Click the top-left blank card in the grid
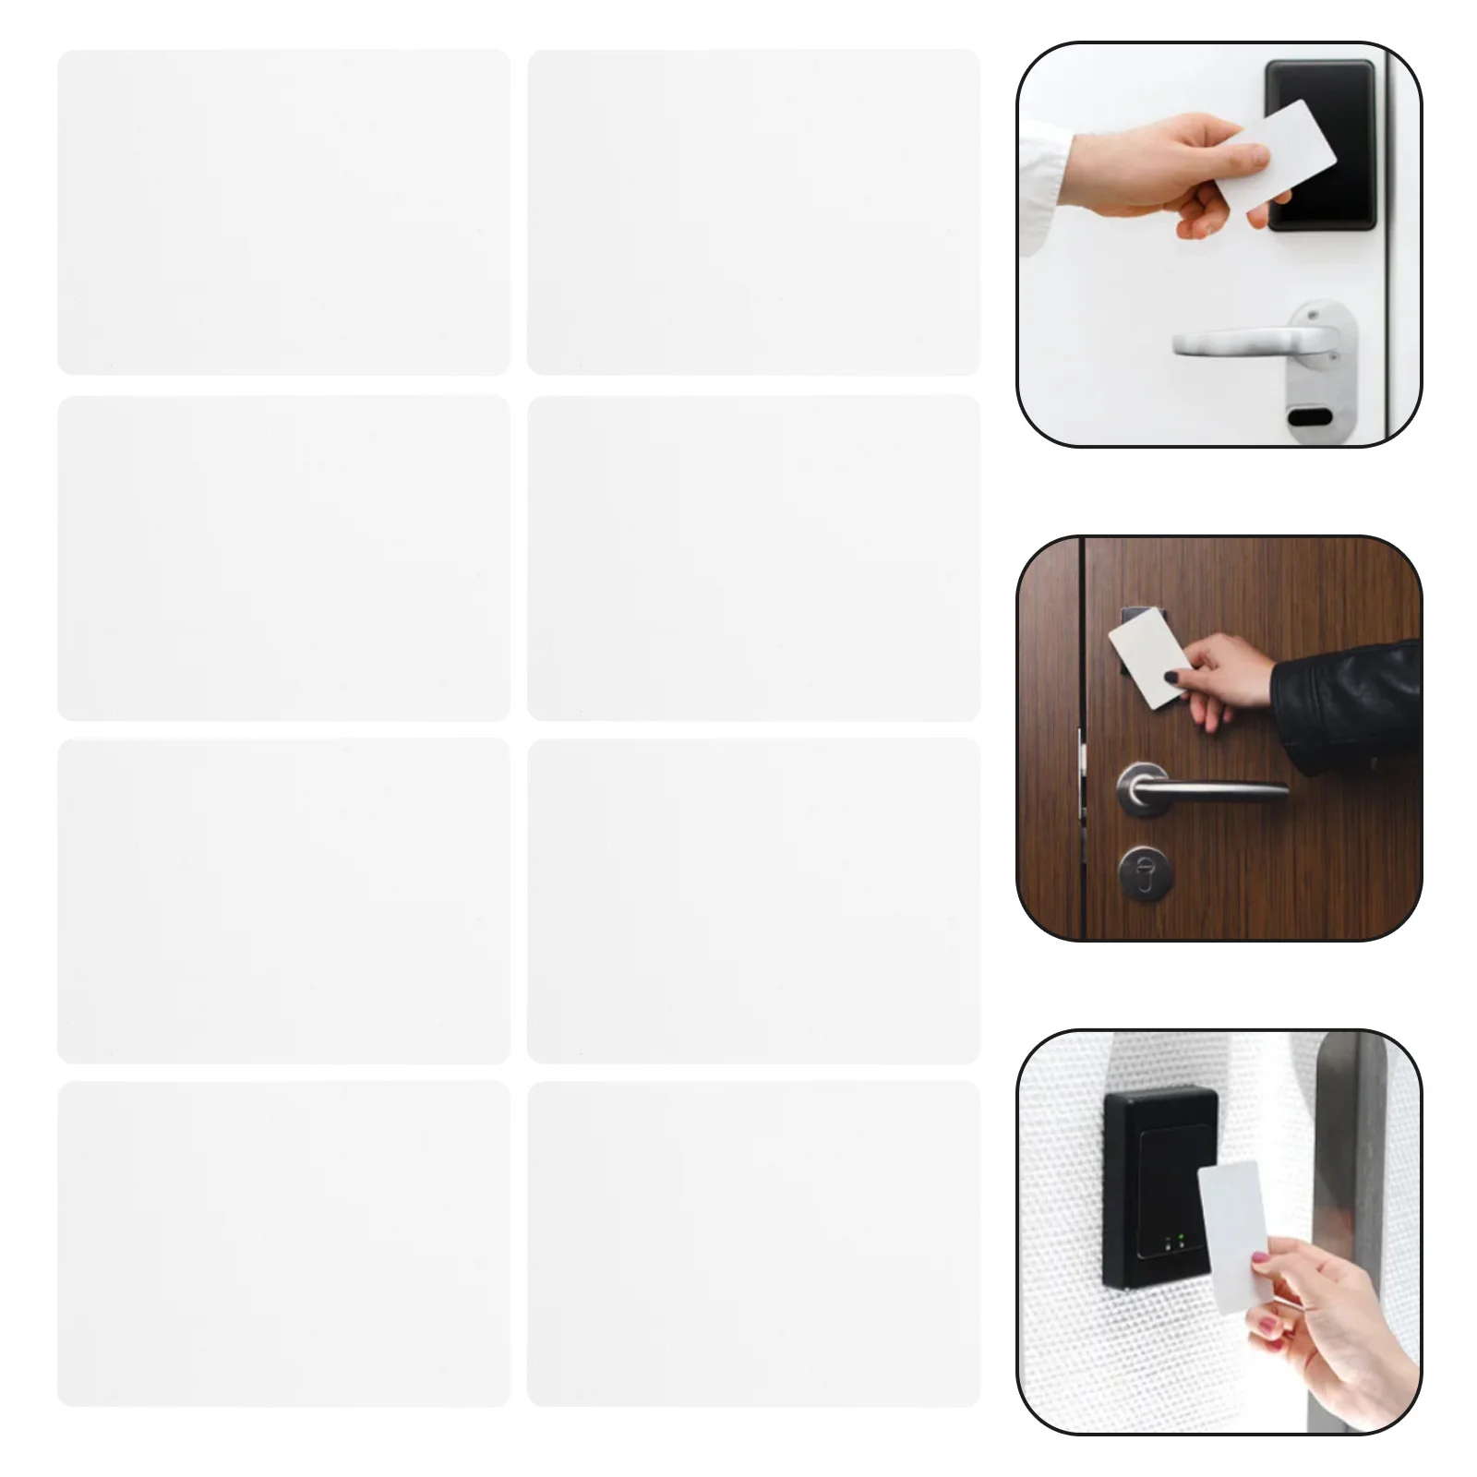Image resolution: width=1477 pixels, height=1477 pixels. (283, 211)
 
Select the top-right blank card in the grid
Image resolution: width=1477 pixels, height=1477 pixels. (753, 211)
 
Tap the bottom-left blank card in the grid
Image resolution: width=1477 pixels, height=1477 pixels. (283, 1243)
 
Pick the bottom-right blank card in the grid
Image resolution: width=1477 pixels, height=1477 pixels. (753, 1243)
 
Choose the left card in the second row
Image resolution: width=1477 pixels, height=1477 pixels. (283, 558)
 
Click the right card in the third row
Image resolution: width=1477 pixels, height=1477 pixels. (753, 900)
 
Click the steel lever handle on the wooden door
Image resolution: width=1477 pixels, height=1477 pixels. (1200, 790)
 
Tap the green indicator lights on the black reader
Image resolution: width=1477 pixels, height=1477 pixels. (1171, 1244)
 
